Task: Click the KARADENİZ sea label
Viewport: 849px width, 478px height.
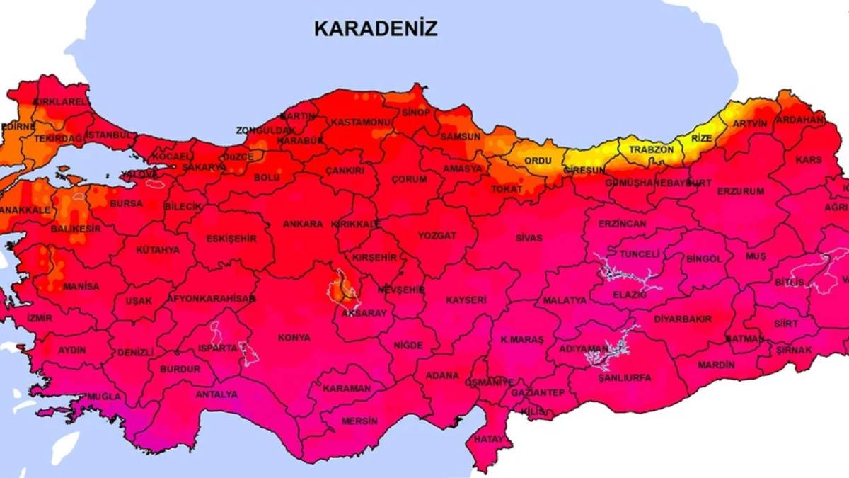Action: (x=376, y=28)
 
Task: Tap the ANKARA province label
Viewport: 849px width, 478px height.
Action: (x=303, y=224)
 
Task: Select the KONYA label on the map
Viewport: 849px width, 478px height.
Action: (x=294, y=338)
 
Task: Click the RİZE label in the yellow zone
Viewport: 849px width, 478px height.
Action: (x=701, y=138)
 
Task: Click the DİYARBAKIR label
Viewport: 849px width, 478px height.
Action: (x=682, y=319)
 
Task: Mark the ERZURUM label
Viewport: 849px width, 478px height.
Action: (x=741, y=191)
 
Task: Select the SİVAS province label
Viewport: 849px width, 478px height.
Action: (x=529, y=238)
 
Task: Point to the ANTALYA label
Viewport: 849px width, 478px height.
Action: (x=216, y=394)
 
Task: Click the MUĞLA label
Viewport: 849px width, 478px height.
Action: (x=103, y=397)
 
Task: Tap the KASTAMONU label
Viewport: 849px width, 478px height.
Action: (x=361, y=123)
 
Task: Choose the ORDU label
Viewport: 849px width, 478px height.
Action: (x=538, y=161)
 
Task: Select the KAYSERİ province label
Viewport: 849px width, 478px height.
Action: (x=466, y=300)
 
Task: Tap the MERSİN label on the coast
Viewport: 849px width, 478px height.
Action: (x=359, y=421)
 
